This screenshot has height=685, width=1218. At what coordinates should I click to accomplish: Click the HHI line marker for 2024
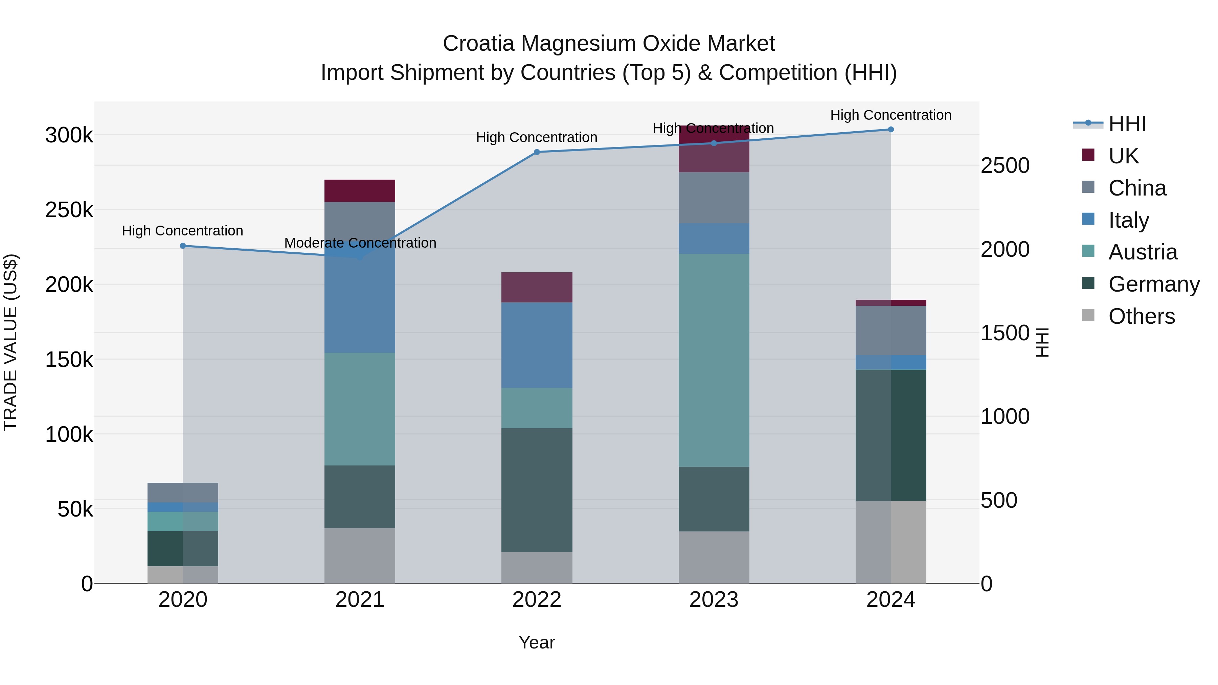[891, 130]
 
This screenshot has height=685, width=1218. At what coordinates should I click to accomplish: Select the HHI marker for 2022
[537, 152]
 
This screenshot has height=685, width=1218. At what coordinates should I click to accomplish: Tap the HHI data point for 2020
[183, 246]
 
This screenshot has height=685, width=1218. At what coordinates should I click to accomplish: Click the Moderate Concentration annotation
[360, 243]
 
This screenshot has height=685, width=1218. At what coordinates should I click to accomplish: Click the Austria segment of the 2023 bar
[714, 360]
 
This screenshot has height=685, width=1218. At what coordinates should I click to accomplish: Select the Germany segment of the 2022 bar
[537, 490]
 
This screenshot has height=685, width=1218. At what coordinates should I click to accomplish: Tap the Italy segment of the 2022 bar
[537, 345]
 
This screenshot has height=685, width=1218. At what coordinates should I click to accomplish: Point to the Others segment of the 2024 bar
[891, 542]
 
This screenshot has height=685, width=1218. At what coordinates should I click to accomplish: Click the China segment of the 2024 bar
[891, 330]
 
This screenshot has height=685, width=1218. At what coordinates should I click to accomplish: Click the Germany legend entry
[1154, 284]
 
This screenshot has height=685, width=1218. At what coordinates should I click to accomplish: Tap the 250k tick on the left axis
[69, 210]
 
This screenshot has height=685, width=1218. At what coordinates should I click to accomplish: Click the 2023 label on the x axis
[714, 600]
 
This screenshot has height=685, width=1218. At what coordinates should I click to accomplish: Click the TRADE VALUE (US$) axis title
[10, 342]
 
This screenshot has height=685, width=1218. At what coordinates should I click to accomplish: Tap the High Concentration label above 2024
[891, 115]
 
